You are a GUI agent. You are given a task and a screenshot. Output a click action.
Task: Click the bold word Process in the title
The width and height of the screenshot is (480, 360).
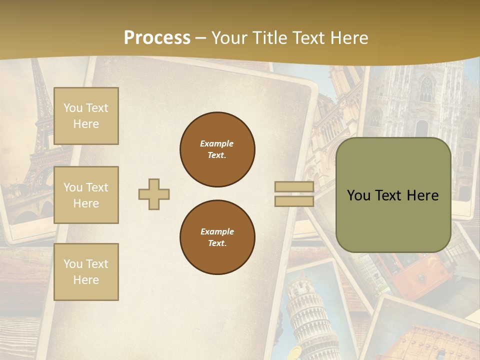(157, 38)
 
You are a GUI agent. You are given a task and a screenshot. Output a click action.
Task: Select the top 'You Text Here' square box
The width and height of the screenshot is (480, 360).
(86, 116)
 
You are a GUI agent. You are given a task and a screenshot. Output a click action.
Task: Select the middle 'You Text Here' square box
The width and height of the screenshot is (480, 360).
(86, 195)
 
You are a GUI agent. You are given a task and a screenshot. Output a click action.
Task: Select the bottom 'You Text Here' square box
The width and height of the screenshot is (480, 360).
(86, 272)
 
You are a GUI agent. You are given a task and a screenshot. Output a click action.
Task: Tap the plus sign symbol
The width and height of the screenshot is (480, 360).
(154, 194)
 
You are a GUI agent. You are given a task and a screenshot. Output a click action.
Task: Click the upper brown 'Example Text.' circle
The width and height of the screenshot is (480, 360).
(217, 149)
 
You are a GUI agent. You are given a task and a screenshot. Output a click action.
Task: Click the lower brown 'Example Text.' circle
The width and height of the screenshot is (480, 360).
(217, 237)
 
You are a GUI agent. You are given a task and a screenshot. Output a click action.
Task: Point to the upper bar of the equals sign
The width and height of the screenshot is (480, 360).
(294, 187)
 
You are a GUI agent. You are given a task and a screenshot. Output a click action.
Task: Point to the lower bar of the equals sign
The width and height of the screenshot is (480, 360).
(294, 201)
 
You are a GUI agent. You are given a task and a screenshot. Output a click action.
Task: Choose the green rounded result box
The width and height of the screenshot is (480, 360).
(393, 195)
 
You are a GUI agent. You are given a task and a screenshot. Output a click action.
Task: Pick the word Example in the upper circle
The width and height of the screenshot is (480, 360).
(217, 143)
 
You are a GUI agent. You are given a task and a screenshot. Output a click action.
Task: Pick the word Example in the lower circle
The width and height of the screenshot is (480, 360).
(217, 231)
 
